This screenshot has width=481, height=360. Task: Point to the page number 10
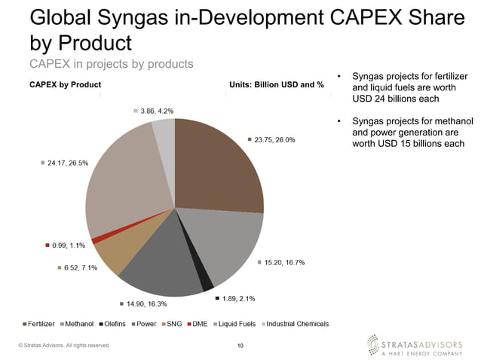click(x=240, y=346)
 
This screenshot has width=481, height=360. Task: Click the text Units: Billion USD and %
click(x=276, y=84)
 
